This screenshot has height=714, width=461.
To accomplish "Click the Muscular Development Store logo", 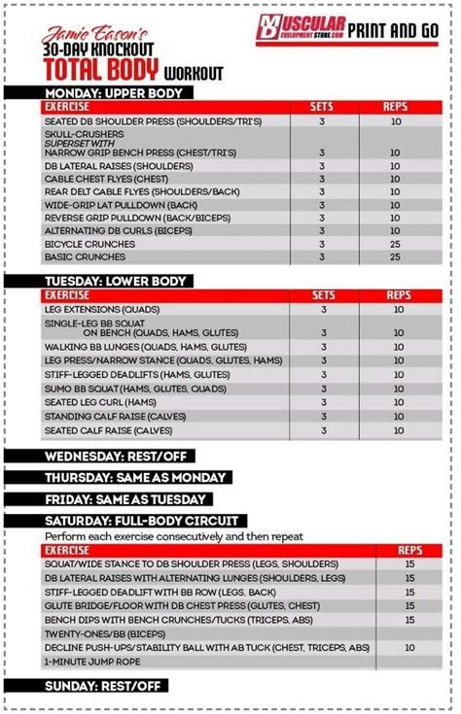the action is coord(314,28).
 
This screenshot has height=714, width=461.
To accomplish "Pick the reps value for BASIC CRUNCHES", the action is coord(396,257).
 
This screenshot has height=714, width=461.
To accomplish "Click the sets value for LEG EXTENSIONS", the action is coord(323,309).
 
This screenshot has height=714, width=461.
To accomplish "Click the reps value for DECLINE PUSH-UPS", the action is coord(410,647).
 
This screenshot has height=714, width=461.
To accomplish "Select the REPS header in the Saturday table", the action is coord(410,550).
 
